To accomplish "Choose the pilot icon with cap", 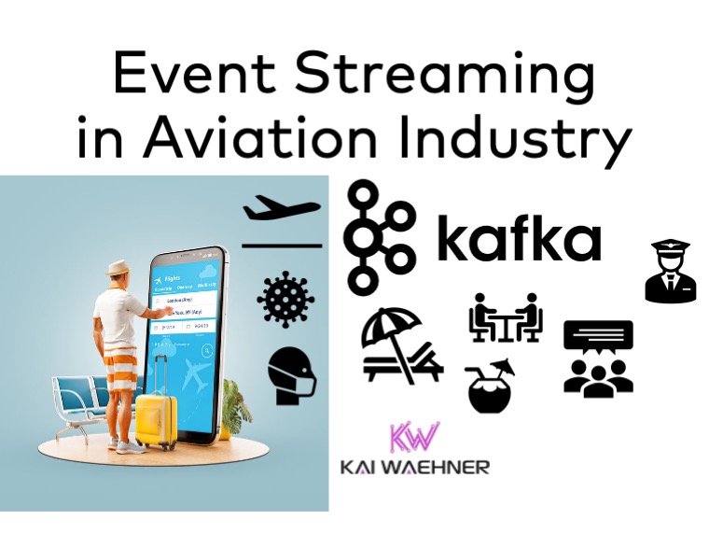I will [x=670, y=272].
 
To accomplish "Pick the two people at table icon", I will [x=505, y=317].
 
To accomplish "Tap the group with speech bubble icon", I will [x=598, y=357].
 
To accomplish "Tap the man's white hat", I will [x=118, y=267].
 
